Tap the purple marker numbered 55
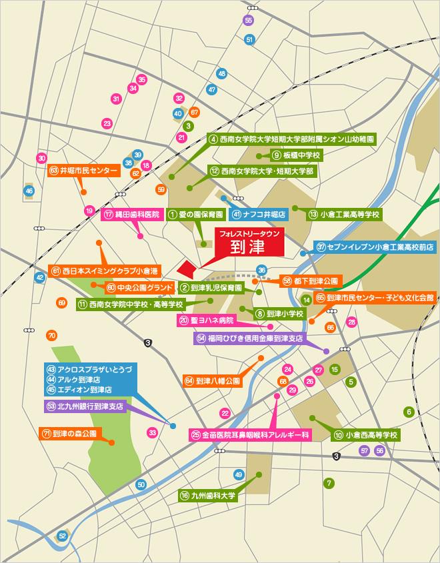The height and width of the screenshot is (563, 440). tap(249, 20)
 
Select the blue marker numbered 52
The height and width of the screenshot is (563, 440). tap(62, 535)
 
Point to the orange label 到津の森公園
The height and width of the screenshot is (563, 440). tap(69, 432)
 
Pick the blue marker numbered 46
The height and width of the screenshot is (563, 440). tap(29, 191)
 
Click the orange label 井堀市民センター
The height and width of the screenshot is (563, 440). tap(83, 171)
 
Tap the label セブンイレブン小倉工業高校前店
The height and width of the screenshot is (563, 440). tap(375, 247)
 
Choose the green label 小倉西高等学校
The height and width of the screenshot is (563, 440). tap(366, 434)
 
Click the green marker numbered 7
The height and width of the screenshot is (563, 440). tap(328, 482)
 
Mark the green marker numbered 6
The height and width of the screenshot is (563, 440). tap(409, 412)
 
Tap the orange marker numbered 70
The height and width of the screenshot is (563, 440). tap(51, 334)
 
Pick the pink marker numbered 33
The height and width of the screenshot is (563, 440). tap(153, 432)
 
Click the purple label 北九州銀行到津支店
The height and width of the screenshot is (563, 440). tap(85, 405)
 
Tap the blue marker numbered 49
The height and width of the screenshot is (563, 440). tap(239, 474)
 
